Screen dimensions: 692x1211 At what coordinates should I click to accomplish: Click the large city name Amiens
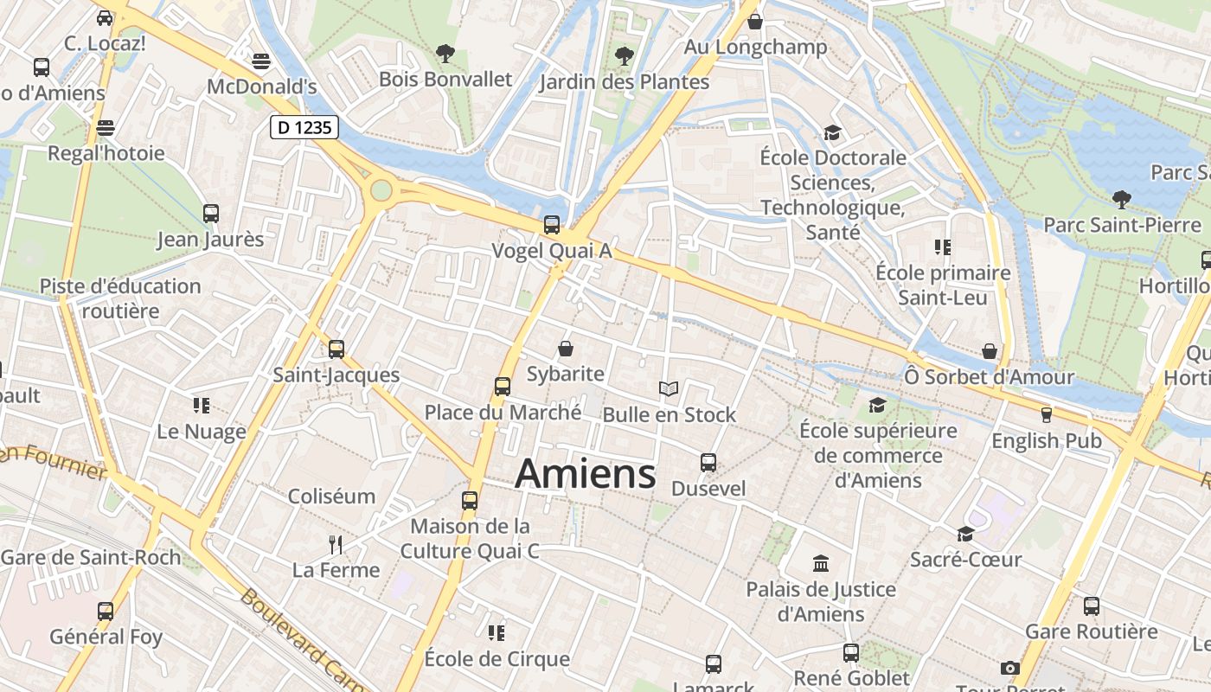click(586, 474)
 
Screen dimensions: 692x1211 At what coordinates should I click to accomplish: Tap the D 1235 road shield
click(304, 127)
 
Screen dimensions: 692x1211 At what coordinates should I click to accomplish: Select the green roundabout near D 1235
click(381, 189)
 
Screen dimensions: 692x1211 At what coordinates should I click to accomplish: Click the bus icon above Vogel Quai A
click(552, 224)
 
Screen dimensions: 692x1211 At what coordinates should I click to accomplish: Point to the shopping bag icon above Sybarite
click(566, 348)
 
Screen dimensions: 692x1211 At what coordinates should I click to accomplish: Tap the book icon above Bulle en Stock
click(668, 388)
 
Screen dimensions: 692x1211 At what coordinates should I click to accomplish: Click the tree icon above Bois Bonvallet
click(445, 54)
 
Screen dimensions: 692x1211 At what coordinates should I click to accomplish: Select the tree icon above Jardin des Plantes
click(624, 56)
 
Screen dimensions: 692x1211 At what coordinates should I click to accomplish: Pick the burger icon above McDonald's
click(261, 61)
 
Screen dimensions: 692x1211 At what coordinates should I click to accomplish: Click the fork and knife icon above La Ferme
click(336, 544)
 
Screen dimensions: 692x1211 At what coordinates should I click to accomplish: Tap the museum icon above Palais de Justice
click(821, 564)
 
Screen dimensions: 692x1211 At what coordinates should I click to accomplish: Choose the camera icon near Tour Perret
click(1009, 668)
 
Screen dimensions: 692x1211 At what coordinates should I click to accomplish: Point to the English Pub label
click(1047, 440)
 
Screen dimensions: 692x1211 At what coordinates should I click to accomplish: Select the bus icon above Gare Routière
click(1092, 605)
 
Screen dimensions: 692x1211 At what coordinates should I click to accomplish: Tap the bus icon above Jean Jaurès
click(210, 213)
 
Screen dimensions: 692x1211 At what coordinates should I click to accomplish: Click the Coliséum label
click(331, 497)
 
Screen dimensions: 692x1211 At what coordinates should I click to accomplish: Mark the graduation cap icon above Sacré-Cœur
click(965, 534)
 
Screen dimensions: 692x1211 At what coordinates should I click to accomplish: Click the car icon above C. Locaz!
click(105, 17)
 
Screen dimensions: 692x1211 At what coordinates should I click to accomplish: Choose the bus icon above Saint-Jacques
click(336, 349)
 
